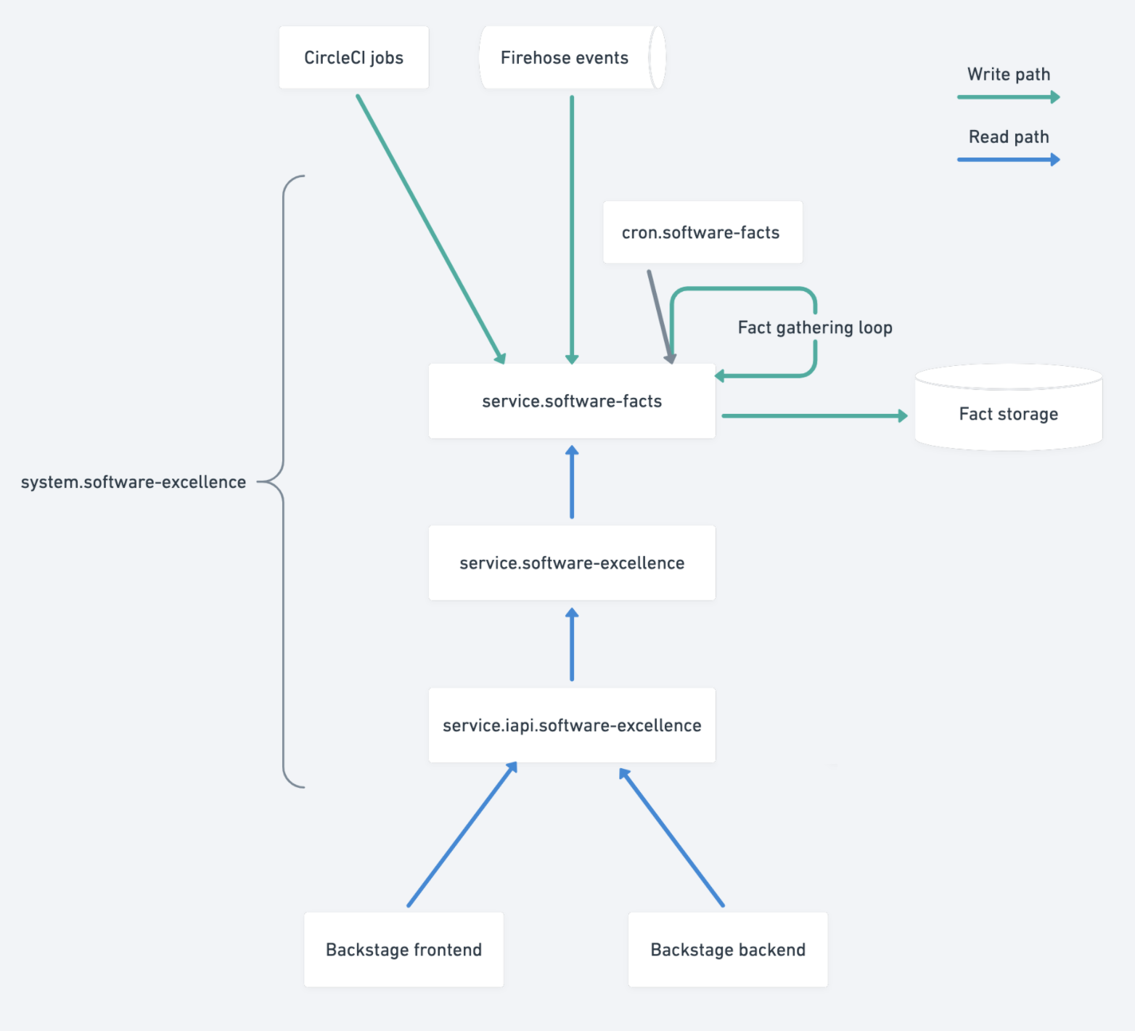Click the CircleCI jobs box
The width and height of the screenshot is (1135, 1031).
click(353, 58)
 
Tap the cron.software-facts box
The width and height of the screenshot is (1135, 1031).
click(702, 232)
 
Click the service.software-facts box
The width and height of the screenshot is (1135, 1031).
click(572, 402)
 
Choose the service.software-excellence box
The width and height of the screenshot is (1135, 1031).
click(572, 563)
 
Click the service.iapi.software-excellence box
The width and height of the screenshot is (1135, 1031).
click(572, 725)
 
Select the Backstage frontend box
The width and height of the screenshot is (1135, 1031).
click(403, 950)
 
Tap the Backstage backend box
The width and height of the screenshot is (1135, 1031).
click(728, 950)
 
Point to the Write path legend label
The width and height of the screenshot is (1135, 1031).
click(1008, 75)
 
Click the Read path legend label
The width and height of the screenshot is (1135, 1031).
click(1008, 137)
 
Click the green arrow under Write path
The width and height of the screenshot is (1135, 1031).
click(1008, 97)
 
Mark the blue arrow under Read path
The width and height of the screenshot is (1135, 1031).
click(1008, 159)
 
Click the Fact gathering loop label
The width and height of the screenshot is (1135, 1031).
click(814, 328)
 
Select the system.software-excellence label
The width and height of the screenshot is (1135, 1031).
click(134, 482)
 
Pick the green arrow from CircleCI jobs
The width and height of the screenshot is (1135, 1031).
click(430, 228)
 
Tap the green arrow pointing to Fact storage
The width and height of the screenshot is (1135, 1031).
click(813, 416)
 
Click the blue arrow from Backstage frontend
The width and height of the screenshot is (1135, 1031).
click(462, 835)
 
